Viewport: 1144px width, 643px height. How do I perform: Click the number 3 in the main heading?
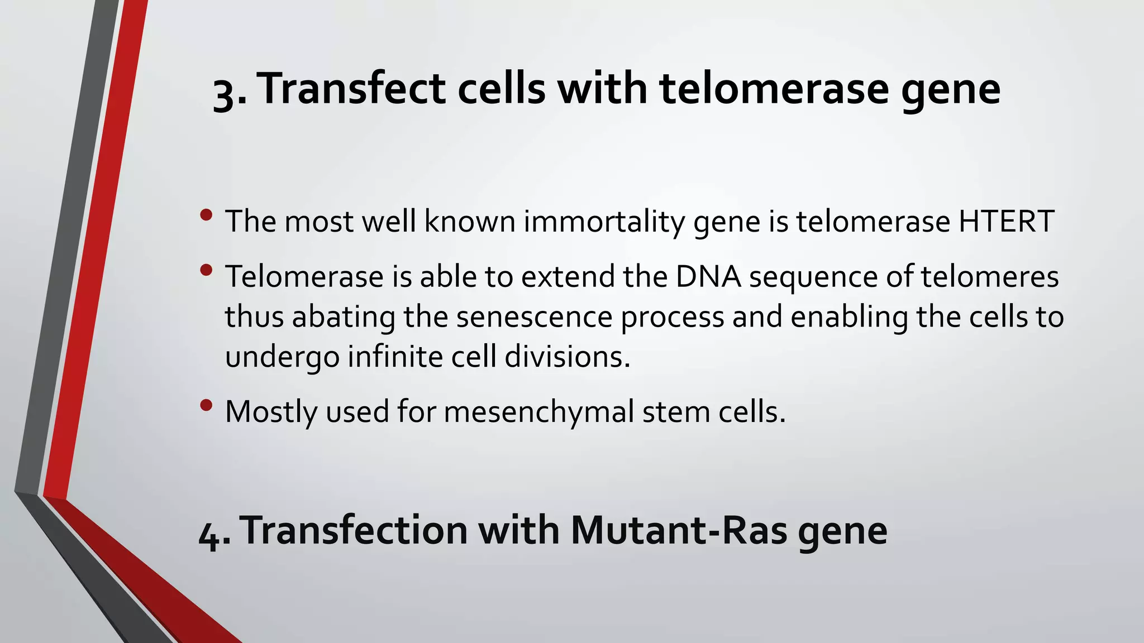(x=225, y=93)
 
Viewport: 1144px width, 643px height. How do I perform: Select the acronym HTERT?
(x=1006, y=221)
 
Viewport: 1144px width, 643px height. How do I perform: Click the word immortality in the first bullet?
(x=604, y=221)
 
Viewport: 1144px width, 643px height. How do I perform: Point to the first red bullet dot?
(x=206, y=214)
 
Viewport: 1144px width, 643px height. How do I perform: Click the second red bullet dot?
(x=206, y=270)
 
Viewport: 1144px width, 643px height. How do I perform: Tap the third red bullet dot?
(x=206, y=405)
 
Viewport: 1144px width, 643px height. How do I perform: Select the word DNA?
(x=708, y=276)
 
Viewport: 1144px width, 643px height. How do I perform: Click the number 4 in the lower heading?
(x=211, y=533)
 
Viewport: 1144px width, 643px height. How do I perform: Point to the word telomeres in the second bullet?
(x=989, y=276)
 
